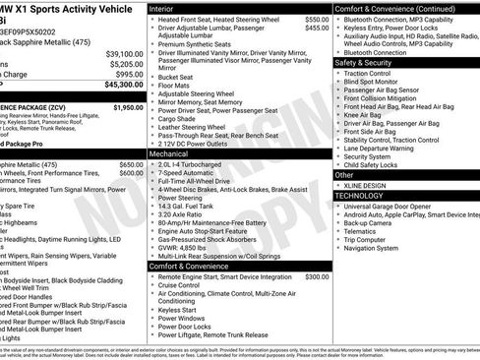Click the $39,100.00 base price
tap(124, 54)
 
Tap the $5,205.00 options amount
tap(125, 64)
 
